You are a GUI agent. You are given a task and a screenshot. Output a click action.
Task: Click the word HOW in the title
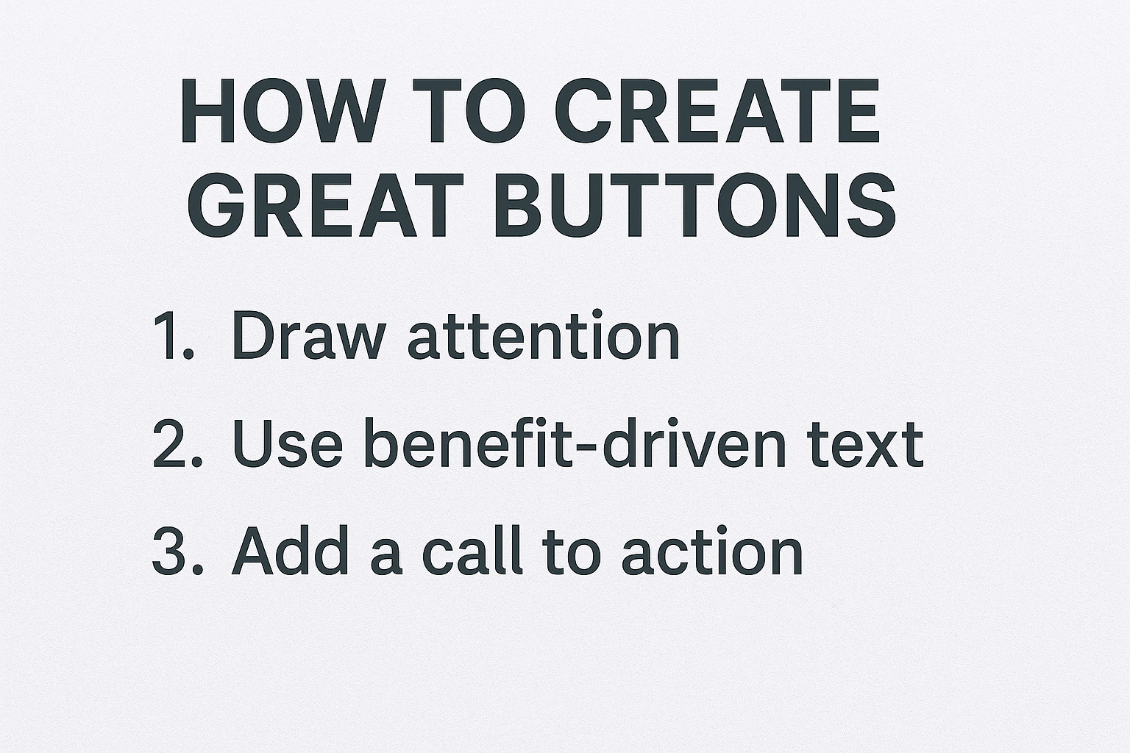point(283,110)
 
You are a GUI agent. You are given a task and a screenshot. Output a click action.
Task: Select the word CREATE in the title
point(717,110)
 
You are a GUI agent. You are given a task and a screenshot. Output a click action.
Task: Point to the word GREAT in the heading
point(325,204)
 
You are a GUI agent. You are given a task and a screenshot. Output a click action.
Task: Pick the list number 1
point(173,335)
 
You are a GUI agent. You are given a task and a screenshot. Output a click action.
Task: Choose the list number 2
point(177,443)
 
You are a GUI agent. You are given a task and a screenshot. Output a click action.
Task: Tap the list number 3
point(177,550)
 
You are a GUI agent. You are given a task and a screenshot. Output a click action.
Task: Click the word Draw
point(309,335)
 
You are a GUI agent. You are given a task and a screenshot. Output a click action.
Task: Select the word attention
point(544,334)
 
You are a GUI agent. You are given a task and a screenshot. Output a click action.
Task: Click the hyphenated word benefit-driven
point(575,442)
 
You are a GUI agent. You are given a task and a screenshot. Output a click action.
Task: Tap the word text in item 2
point(865,445)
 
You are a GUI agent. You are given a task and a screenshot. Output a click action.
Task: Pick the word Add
point(290,550)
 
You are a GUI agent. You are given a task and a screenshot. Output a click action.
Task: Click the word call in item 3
point(472,550)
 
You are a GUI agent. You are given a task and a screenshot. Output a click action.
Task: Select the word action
point(712,551)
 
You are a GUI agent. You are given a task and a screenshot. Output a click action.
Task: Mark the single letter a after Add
point(386,557)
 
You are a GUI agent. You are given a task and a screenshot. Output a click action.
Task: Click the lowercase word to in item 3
point(572,553)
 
